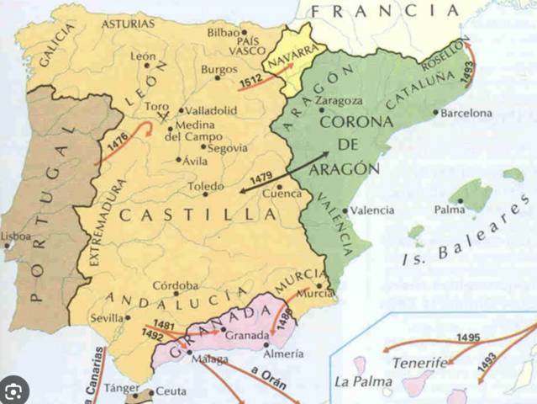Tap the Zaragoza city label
coord(340,100)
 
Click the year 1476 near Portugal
coord(118,144)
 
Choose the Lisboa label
coord(17,237)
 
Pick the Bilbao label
coord(224,33)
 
